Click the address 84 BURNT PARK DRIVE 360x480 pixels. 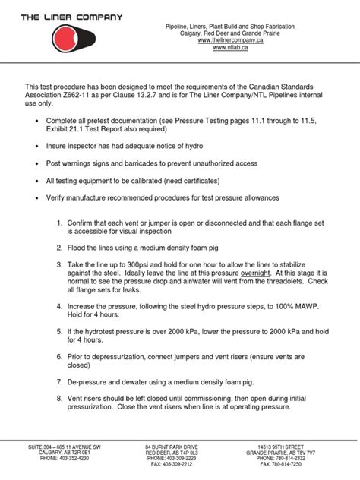click(x=172, y=447)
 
